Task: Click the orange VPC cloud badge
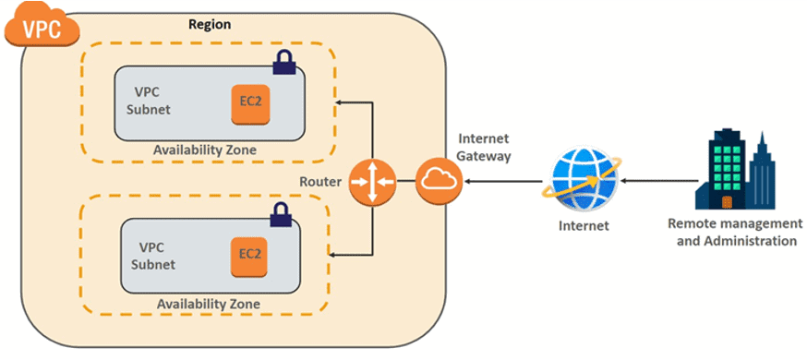pos(42,27)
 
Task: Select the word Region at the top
pos(210,24)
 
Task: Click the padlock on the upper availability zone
pos(283,64)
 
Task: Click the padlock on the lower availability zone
pos(279,215)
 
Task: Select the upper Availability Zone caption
pos(206,150)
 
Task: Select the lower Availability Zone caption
pos(208,304)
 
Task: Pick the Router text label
pos(320,182)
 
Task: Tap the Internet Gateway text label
pos(483,147)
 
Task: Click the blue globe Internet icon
pos(579,180)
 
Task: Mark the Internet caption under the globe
pos(579,225)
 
